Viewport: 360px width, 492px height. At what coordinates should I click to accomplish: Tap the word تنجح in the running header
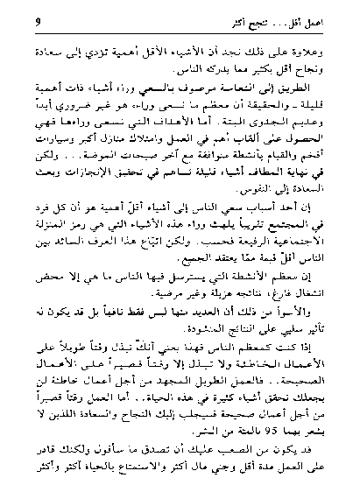tap(286, 19)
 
